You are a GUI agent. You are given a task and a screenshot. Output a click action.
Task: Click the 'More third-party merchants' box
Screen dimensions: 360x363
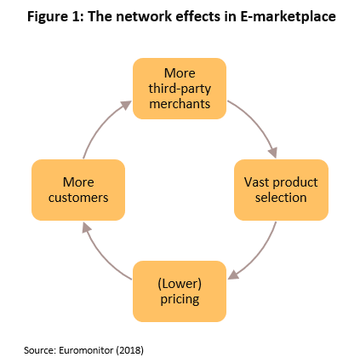(180, 89)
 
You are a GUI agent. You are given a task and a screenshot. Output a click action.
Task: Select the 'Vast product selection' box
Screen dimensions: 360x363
(281, 190)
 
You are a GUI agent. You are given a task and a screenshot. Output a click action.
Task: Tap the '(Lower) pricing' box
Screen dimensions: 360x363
(180, 291)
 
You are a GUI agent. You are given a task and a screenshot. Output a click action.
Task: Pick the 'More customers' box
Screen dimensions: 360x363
(78, 190)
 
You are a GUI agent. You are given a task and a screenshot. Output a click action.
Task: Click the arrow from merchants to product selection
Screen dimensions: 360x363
(258, 122)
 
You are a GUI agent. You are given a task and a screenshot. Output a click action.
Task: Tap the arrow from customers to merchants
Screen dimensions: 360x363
(101, 124)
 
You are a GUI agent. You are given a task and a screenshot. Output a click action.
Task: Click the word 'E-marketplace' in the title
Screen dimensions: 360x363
(288, 16)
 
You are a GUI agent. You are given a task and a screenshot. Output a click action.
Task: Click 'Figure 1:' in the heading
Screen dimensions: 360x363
(55, 17)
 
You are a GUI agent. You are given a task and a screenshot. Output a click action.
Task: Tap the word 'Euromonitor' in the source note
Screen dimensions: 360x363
(86, 350)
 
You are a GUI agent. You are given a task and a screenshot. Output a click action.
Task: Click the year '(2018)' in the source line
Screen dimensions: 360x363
(129, 350)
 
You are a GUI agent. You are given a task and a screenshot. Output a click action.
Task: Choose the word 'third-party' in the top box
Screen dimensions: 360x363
(180, 89)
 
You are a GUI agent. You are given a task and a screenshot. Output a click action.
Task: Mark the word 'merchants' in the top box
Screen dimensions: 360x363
(180, 104)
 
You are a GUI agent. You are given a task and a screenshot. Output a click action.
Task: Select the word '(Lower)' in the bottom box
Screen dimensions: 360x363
(180, 284)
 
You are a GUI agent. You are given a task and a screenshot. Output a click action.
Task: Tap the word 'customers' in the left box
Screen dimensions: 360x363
(78, 198)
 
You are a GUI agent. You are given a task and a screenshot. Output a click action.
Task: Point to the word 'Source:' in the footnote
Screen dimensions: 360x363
(40, 350)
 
